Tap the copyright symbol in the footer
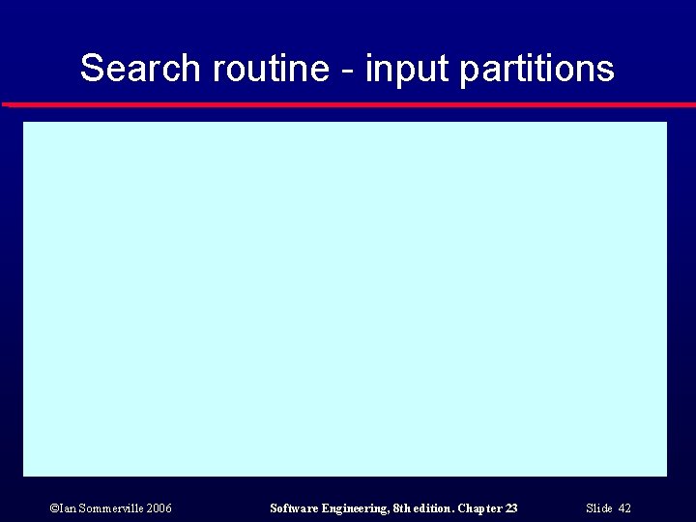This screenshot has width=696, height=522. pos(52,508)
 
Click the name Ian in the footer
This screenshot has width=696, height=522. pos(66,508)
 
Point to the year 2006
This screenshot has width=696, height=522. pos(159,508)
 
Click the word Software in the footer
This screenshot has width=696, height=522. pos(294,508)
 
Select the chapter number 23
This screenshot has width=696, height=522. pos(511,508)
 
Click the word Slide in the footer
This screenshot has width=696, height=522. pos(599,508)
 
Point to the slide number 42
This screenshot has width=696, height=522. pos(624,508)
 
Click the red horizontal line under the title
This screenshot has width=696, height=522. pos(348,104)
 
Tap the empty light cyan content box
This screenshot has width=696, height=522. pos(345,299)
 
